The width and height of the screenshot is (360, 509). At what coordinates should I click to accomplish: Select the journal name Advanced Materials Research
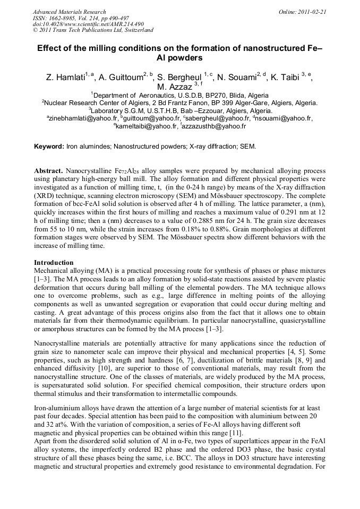69,12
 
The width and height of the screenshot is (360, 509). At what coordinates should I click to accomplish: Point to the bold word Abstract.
49,171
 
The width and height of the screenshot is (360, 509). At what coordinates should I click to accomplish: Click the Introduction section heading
54,262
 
